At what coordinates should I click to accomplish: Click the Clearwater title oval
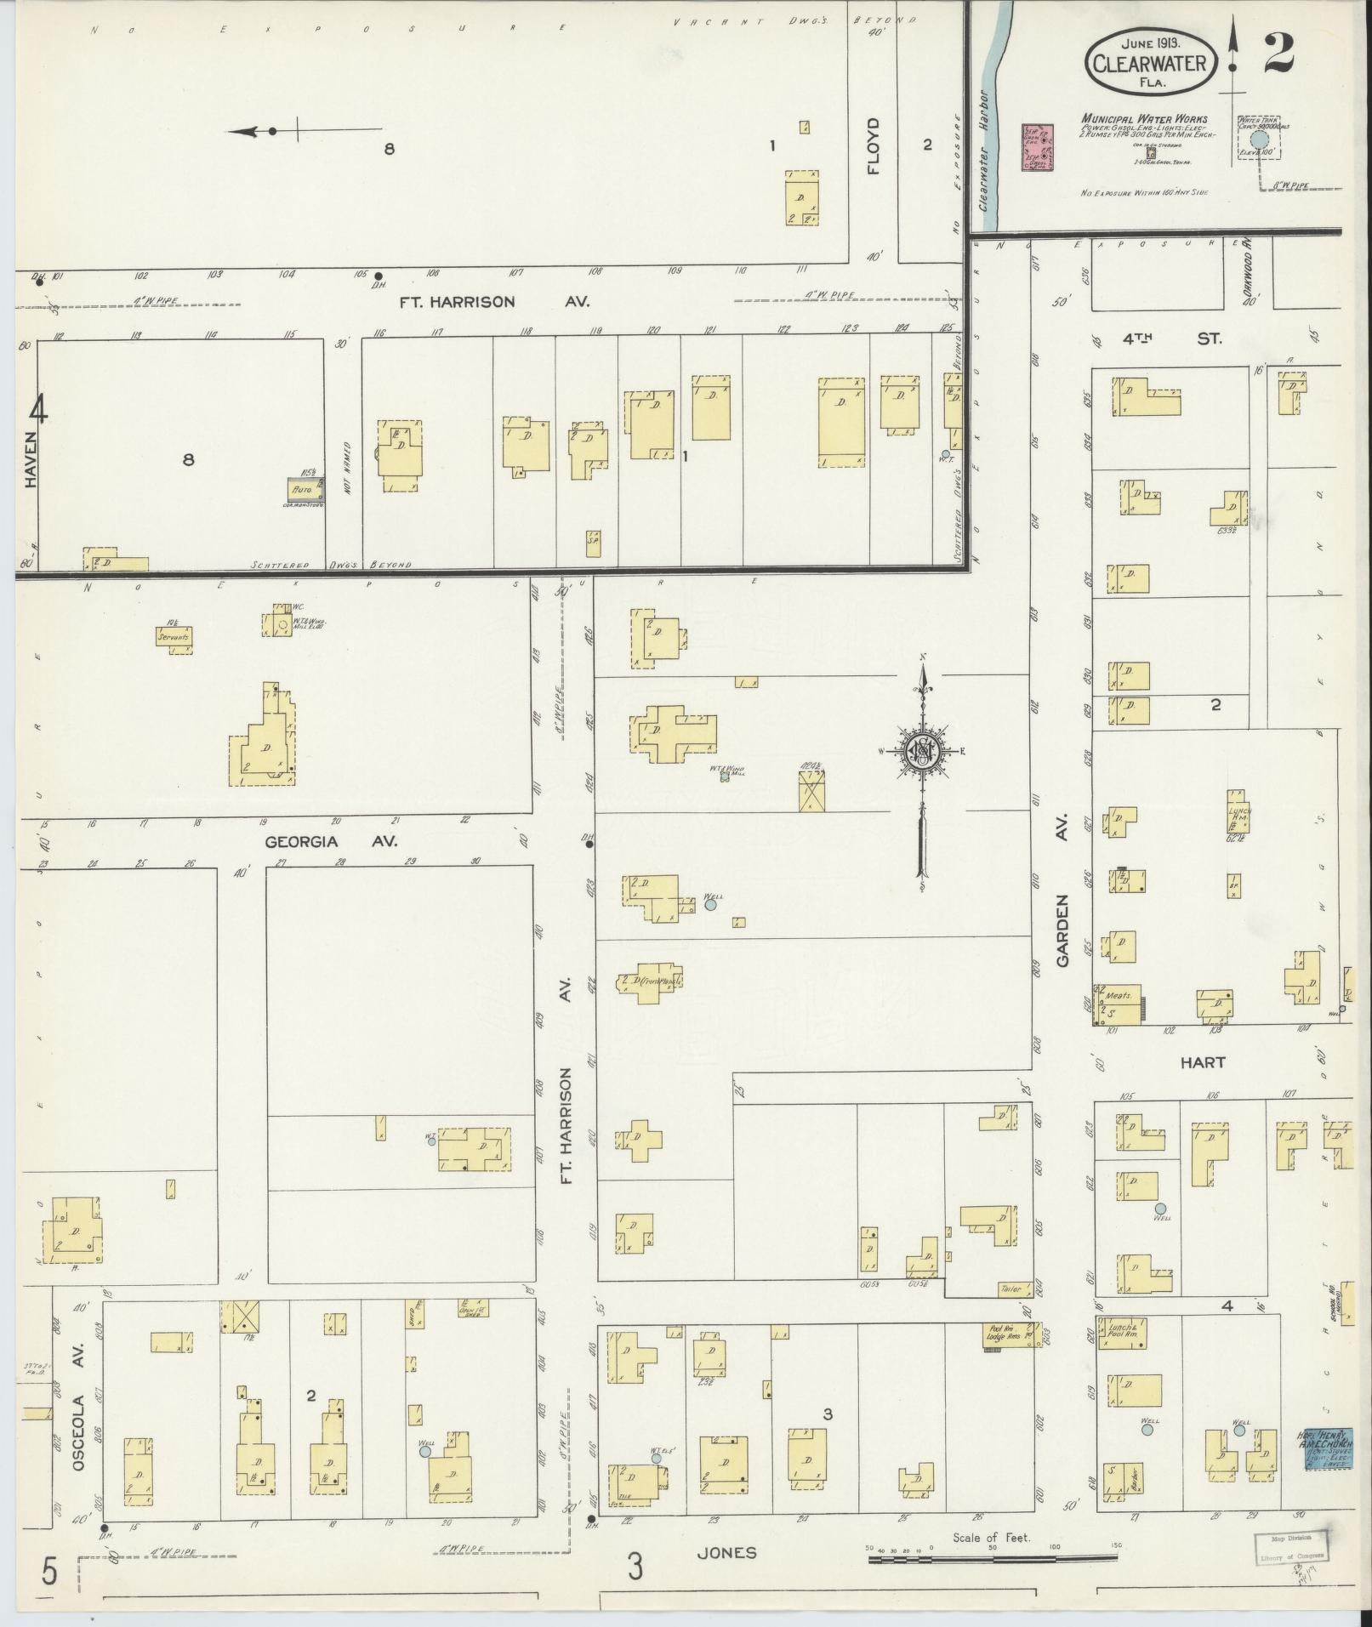coord(1150,62)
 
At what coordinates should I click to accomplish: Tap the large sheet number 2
coord(1278,53)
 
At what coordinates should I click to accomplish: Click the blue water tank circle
coord(1259,139)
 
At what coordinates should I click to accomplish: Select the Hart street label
coord(1203,1062)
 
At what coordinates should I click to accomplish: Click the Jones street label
coord(726,1552)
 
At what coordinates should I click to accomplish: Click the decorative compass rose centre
coord(920,751)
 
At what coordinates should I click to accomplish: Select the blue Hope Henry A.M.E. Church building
coord(1326,1448)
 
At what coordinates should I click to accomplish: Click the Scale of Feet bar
coord(992,1559)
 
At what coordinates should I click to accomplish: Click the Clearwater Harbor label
coord(986,151)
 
